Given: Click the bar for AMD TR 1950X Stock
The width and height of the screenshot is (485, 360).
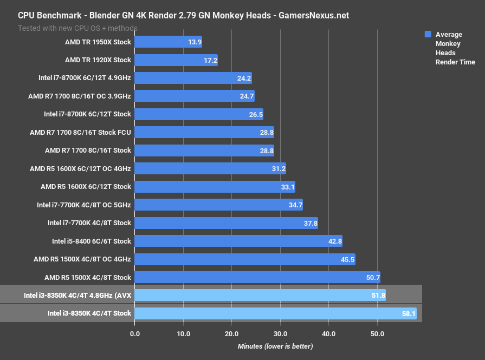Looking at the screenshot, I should [168, 42].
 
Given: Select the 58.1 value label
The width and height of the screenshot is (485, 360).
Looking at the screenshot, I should [408, 313].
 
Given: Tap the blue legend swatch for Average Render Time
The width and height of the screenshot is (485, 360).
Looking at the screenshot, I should [428, 34].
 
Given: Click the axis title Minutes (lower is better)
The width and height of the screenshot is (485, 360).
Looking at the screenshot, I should [275, 346].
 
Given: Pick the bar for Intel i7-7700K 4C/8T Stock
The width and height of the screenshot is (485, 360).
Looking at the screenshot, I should [226, 223].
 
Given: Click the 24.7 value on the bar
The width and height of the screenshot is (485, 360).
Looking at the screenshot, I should [247, 96].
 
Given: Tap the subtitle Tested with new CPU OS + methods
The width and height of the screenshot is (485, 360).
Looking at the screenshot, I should [77, 28].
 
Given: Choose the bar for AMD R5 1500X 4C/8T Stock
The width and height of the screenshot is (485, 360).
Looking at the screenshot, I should [257, 277].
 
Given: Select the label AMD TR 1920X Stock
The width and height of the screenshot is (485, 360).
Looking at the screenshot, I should [98, 60].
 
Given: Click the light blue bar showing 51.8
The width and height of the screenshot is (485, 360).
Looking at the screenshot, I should [260, 296].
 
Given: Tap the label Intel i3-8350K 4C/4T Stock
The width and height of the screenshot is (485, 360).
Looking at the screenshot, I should [89, 313].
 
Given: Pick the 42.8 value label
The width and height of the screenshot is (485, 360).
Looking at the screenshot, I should [334, 241].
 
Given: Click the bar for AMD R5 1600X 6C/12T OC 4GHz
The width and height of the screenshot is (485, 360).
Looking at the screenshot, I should [210, 168].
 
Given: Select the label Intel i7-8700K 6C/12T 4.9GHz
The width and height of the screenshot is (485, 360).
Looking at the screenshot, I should [85, 78].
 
